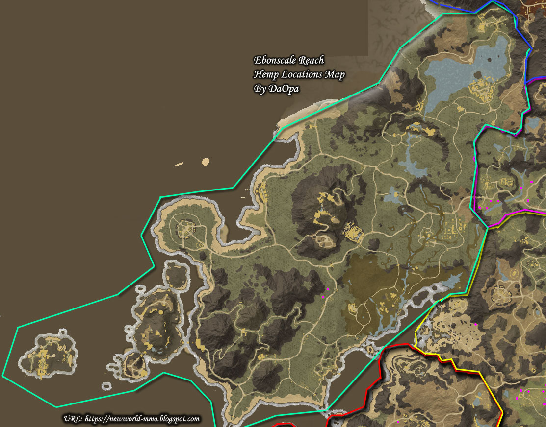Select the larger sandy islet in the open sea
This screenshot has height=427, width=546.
(206, 161)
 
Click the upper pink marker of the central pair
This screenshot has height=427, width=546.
(327, 289)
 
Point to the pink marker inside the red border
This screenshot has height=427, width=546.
(398, 422)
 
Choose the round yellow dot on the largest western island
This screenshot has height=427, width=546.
(160, 311)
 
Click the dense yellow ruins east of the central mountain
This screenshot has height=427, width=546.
(353, 232)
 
